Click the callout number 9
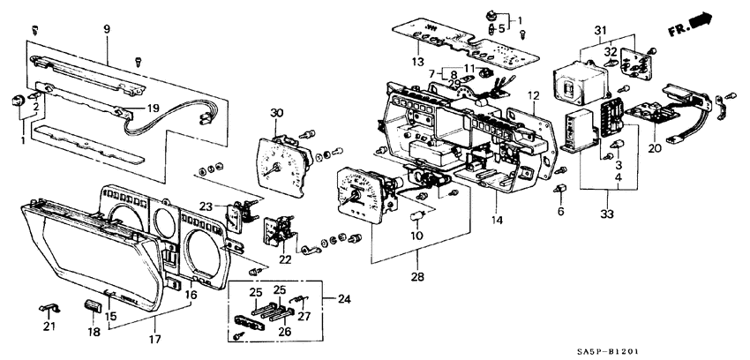(108, 29)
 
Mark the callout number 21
(49, 327)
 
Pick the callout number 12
(534, 94)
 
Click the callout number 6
(559, 212)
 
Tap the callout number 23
(206, 206)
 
